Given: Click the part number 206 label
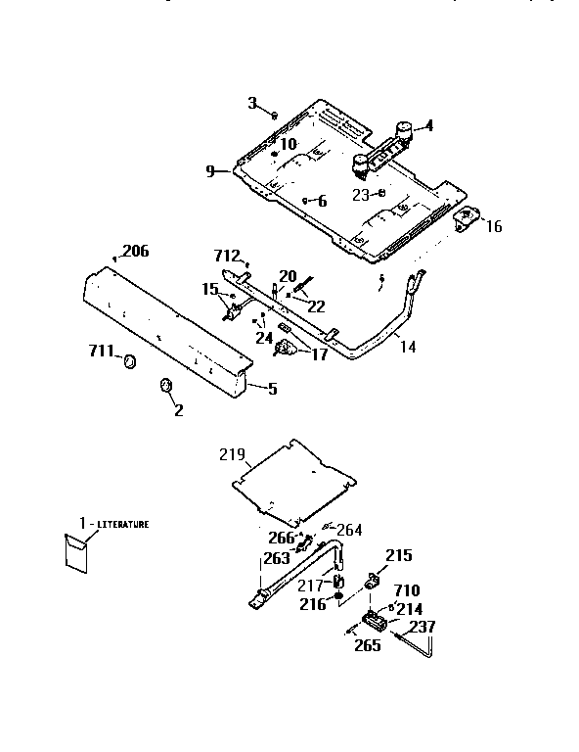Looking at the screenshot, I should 136,252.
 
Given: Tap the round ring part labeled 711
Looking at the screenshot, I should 127,364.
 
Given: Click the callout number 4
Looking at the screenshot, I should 427,125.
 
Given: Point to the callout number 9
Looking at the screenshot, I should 210,171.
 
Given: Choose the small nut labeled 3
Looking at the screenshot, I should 275,115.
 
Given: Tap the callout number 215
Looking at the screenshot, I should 399,555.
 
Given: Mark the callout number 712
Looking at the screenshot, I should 227,256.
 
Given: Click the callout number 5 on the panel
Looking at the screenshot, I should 272,389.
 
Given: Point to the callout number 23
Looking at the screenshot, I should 360,194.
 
